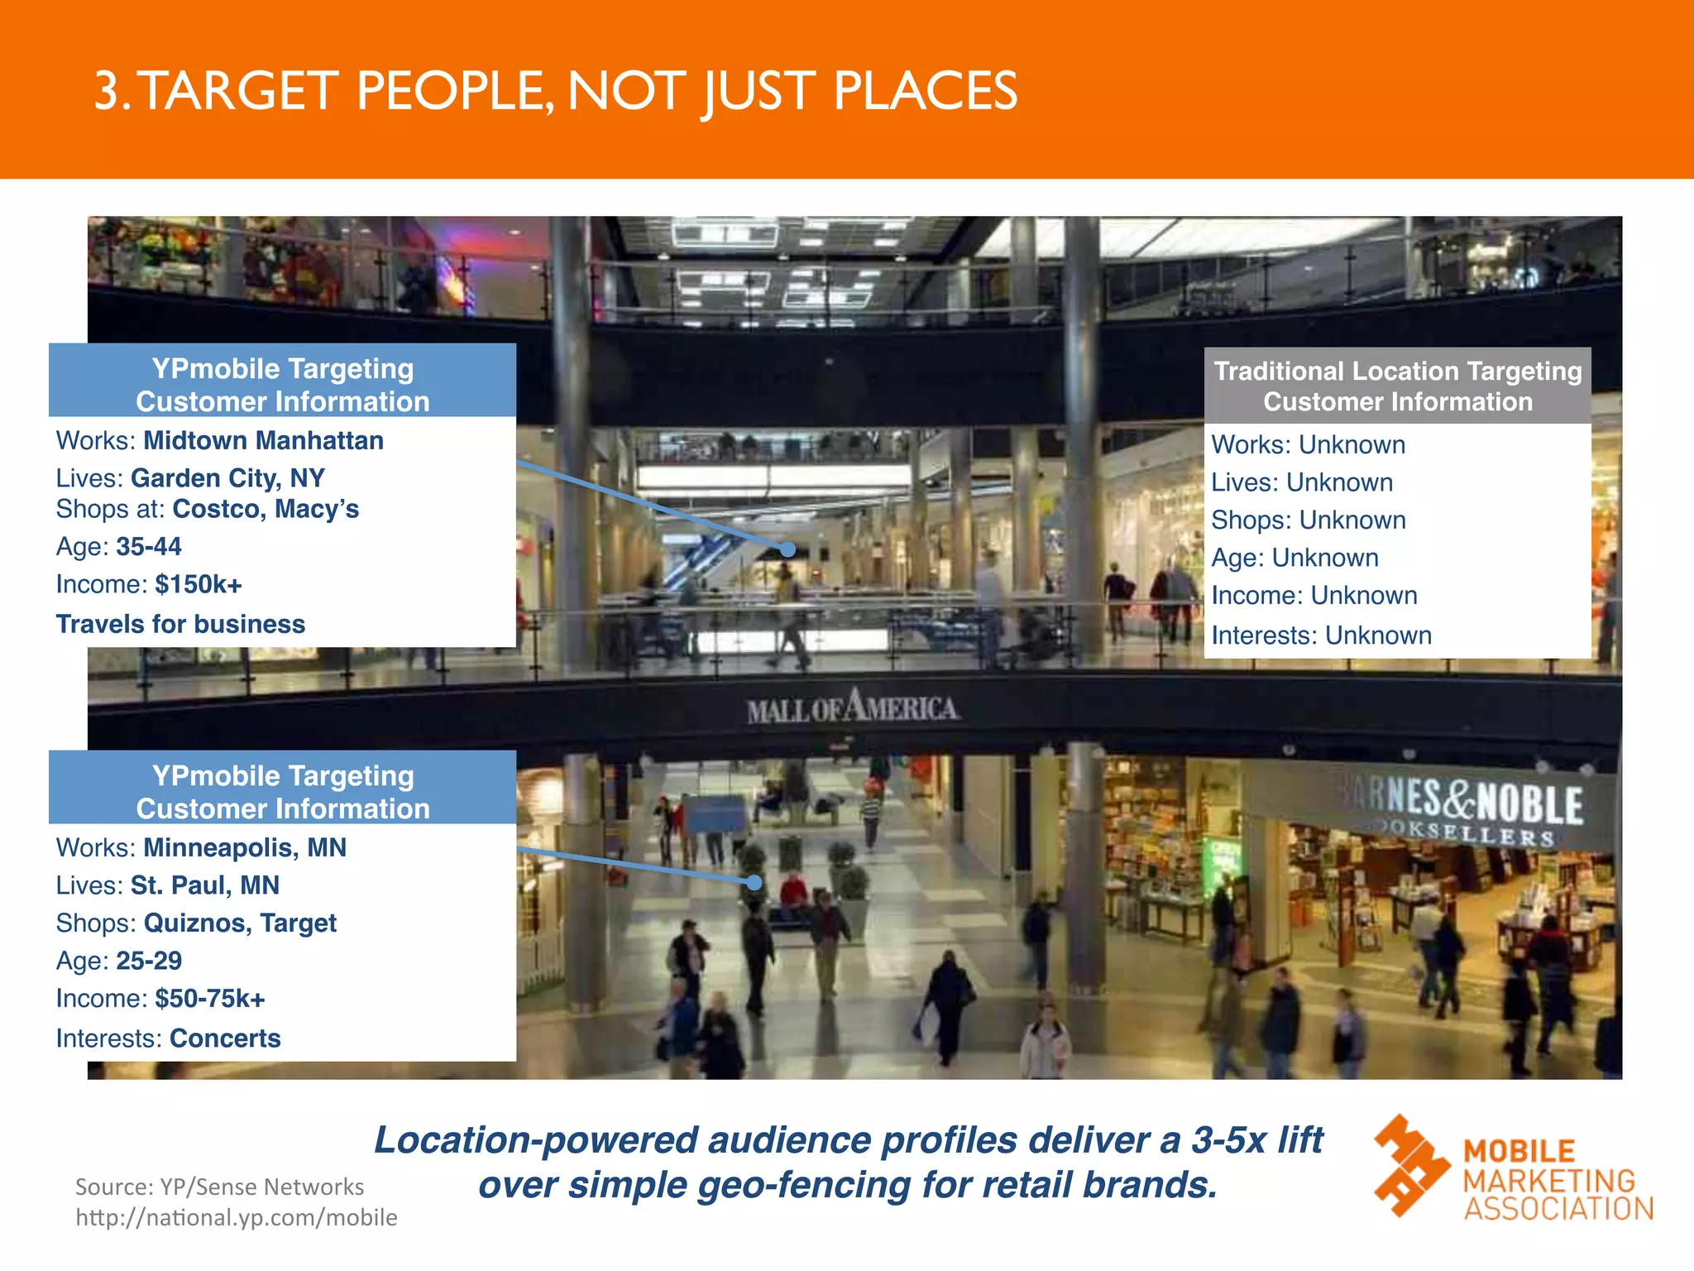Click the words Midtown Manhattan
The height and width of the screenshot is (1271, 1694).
click(263, 441)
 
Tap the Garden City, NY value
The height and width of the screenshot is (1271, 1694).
click(227, 478)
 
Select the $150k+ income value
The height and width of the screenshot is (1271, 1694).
click(199, 585)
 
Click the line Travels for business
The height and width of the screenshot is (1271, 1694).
click(180, 624)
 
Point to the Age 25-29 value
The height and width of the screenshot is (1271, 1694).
click(149, 961)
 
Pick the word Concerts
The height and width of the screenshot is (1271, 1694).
click(225, 1038)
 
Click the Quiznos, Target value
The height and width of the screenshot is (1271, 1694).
click(240, 923)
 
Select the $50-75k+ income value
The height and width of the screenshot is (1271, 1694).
click(210, 999)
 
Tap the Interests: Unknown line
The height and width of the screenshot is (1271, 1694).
click(1321, 635)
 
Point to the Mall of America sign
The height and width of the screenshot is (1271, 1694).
click(853, 707)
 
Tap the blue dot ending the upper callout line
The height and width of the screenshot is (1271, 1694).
click(788, 549)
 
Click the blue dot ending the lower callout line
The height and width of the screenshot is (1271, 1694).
click(754, 883)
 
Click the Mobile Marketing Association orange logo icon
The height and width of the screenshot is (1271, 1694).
click(1410, 1165)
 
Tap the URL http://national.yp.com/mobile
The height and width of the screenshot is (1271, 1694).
click(237, 1218)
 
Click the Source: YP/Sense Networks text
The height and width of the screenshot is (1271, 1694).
click(219, 1187)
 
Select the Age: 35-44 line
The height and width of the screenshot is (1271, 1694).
click(118, 547)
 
